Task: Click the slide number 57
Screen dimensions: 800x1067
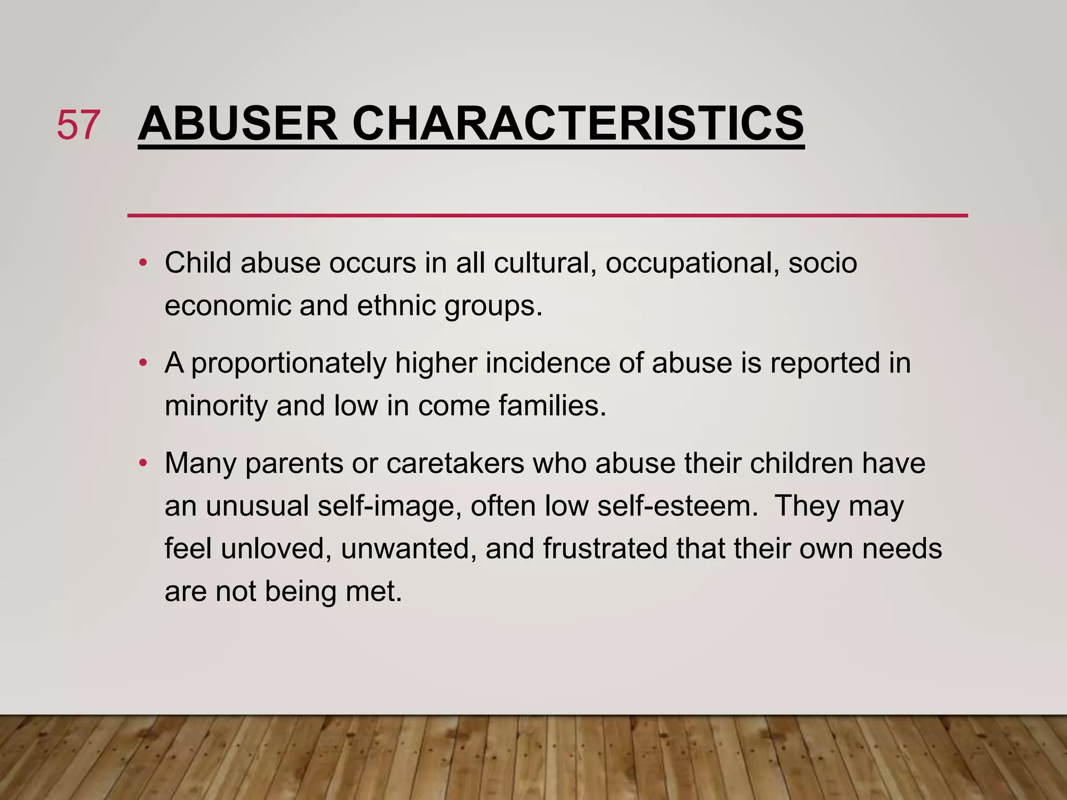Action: point(78,125)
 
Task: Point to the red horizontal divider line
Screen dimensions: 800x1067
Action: point(547,215)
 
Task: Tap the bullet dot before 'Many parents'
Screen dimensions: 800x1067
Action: point(143,463)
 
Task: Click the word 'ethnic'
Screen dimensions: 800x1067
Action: point(396,305)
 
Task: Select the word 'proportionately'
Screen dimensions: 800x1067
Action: point(289,364)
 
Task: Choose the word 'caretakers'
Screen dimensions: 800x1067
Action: point(455,463)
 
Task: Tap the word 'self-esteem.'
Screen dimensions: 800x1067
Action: point(678,506)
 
